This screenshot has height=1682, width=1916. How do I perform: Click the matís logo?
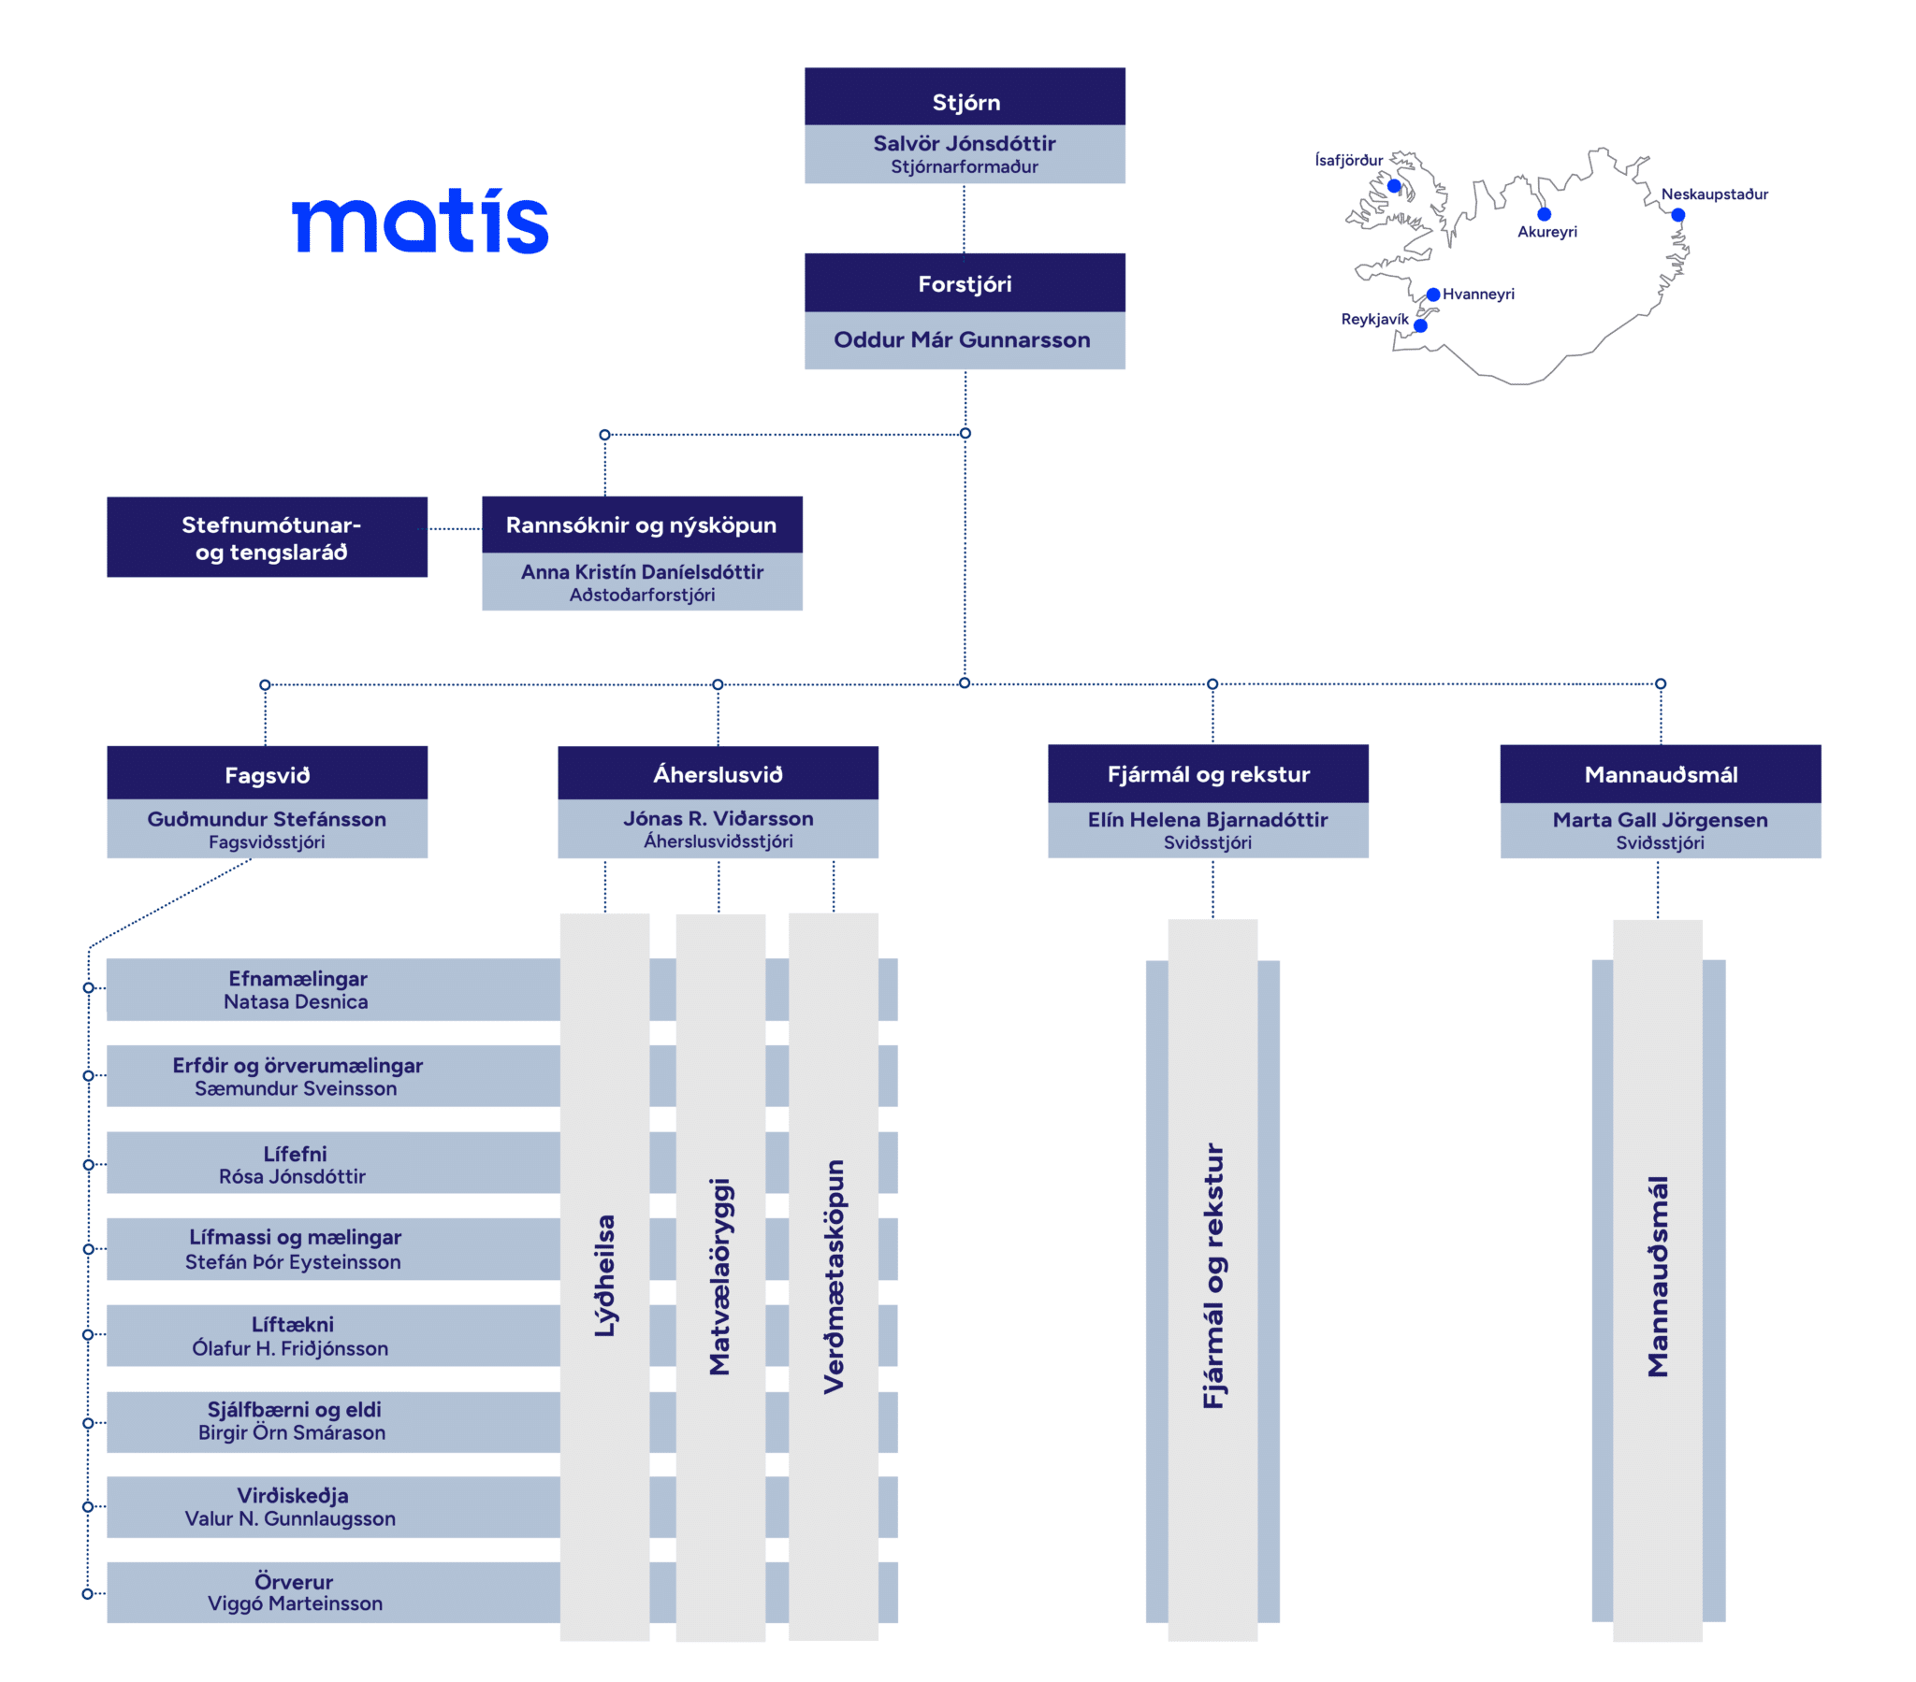click(x=420, y=223)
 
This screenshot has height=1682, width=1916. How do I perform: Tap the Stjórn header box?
click(x=965, y=97)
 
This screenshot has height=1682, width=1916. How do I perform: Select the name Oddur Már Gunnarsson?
click(x=962, y=339)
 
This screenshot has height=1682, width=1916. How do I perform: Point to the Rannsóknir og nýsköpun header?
click(x=641, y=525)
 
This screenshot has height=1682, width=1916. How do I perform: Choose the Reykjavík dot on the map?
click(x=1420, y=326)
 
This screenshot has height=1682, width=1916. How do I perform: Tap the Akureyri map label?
click(x=1546, y=232)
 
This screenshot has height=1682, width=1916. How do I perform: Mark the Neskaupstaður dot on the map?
click(x=1678, y=216)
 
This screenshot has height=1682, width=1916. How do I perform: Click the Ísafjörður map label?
click(x=1348, y=160)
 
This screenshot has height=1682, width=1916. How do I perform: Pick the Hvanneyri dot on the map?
click(x=1433, y=295)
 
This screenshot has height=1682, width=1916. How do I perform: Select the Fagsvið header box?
click(x=268, y=774)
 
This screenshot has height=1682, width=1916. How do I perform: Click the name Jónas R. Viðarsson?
click(x=718, y=818)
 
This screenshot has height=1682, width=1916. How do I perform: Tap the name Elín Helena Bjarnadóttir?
click(x=1208, y=819)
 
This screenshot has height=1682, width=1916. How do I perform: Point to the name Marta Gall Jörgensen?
click(x=1660, y=819)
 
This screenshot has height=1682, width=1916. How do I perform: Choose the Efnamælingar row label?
click(x=298, y=978)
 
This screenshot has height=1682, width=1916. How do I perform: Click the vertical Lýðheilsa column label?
click(x=604, y=1275)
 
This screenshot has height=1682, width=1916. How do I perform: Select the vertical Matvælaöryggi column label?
click(x=719, y=1276)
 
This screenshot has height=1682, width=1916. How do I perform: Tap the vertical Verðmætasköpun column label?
click(x=834, y=1276)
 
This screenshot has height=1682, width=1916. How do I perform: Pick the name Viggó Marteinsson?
click(x=296, y=1603)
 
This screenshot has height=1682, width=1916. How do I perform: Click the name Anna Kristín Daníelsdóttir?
click(x=642, y=571)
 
